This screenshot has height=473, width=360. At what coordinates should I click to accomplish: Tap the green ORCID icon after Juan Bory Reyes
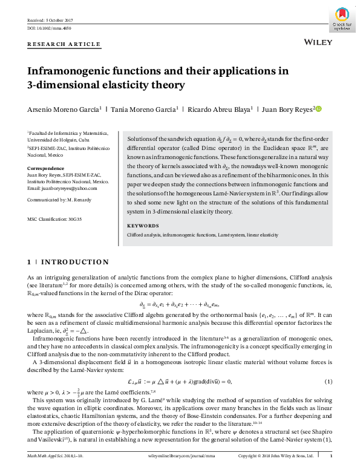(319, 109)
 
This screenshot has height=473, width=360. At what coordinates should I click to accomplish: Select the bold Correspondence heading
(45, 168)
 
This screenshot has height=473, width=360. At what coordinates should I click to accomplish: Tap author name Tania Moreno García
(142, 109)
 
